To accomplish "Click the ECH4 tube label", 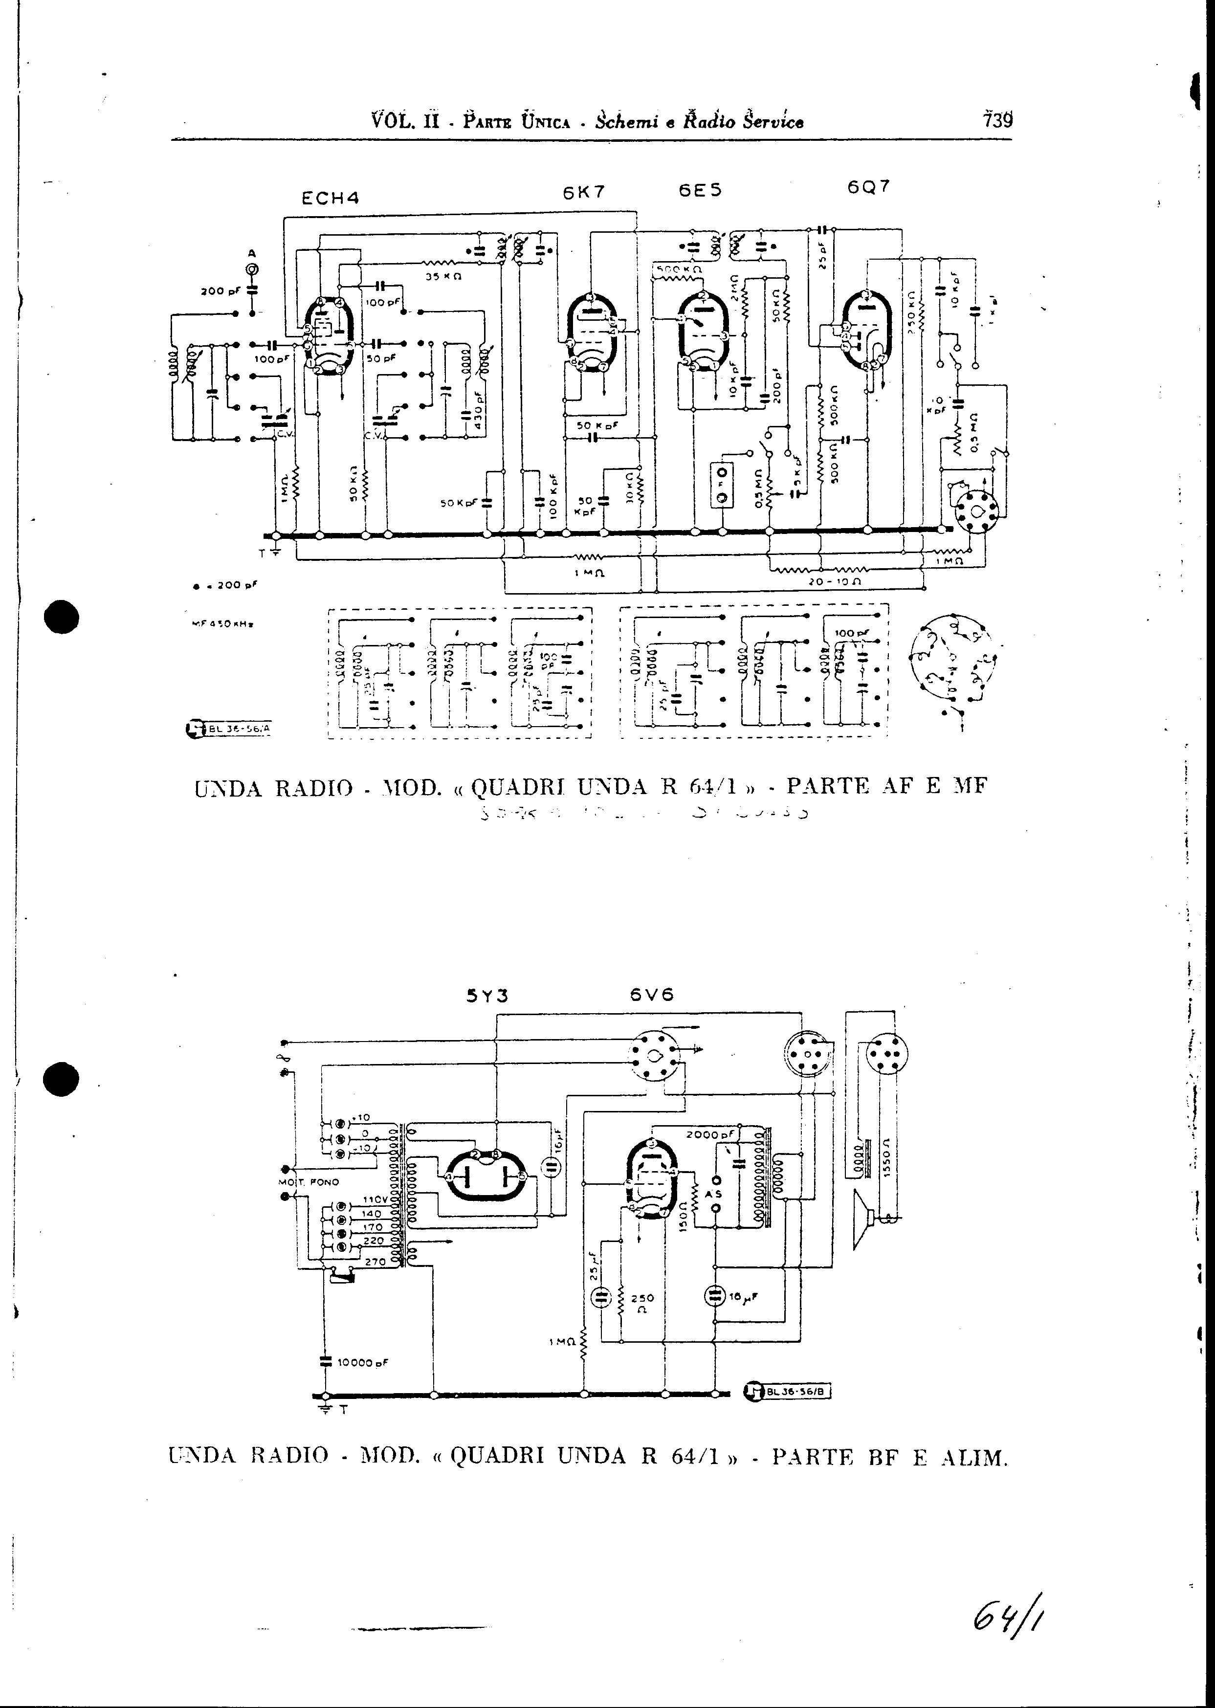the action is coord(330,198).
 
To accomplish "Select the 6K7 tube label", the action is coord(584,192).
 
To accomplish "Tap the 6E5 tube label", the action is coord(700,190).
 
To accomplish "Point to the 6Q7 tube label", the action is coord(869,187).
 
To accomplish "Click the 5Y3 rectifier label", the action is coord(487,996).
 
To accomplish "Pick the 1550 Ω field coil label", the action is coord(886,1158).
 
